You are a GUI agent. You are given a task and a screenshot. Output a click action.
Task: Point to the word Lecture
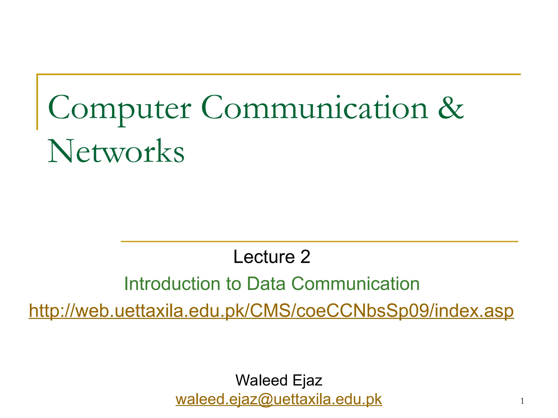(264, 257)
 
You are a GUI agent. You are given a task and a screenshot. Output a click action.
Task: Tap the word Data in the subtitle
(266, 284)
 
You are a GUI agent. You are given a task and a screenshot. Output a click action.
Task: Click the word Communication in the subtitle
(356, 284)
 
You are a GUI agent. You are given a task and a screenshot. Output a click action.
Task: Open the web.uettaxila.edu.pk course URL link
(271, 311)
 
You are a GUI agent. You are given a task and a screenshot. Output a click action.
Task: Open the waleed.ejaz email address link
(279, 399)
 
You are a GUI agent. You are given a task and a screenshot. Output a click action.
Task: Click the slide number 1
(522, 401)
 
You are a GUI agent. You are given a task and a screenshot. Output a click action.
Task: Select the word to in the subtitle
(234, 284)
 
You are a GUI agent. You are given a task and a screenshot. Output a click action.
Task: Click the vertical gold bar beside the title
(37, 102)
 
